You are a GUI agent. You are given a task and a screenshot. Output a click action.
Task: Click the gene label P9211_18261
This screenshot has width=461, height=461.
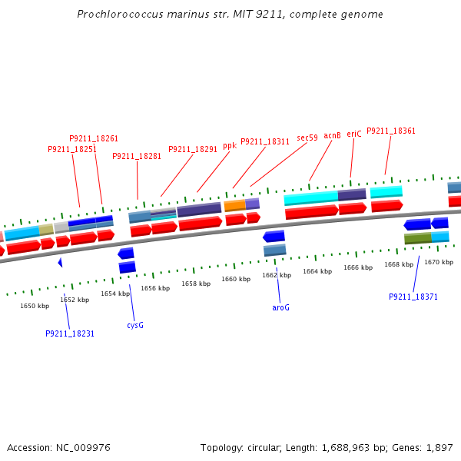tap(94, 139)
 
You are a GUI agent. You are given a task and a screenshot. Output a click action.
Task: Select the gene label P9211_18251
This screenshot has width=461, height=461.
tap(72, 150)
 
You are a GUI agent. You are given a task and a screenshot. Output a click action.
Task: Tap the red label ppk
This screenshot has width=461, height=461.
tap(230, 145)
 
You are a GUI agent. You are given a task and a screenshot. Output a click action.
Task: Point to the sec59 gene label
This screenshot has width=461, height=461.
tap(307, 138)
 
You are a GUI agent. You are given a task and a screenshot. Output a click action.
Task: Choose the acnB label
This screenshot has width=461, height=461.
tap(332, 136)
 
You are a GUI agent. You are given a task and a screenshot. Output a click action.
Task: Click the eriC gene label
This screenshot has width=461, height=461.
tap(354, 134)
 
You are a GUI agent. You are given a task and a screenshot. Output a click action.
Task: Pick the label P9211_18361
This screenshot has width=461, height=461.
tap(391, 131)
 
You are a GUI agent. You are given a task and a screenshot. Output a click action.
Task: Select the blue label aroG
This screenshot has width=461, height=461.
tap(280, 307)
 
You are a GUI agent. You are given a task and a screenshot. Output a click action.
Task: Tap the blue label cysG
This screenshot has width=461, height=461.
tap(135, 325)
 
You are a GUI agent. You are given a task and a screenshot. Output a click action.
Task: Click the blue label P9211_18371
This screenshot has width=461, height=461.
tap(413, 297)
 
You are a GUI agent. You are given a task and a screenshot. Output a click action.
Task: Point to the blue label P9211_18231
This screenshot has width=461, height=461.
tap(70, 333)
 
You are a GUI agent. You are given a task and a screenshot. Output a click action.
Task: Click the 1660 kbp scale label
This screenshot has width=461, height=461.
tap(236, 280)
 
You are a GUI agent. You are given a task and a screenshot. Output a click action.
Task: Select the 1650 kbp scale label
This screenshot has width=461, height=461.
tap(35, 306)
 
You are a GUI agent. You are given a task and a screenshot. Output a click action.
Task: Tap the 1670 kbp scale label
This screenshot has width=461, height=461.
tap(439, 263)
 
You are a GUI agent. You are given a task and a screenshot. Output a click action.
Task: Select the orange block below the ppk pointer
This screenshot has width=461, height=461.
tap(234, 206)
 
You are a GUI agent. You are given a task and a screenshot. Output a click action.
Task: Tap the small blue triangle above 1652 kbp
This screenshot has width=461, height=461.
tap(60, 263)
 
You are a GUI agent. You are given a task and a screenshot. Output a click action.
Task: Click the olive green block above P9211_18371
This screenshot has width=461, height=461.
tap(417, 239)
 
